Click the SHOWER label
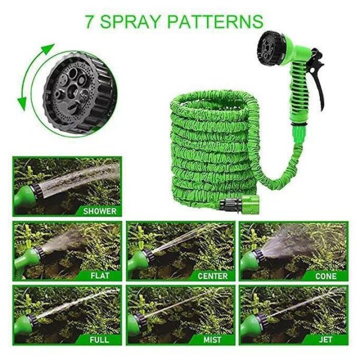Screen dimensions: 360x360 tap(100, 211)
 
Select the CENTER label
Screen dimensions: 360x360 tap(212, 276)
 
